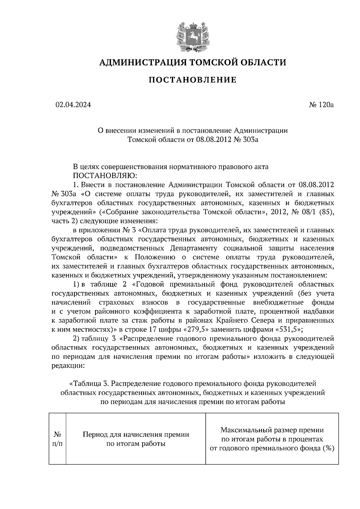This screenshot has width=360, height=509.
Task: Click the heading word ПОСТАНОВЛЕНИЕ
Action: click(193, 80)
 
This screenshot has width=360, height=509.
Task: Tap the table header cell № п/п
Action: click(58, 439)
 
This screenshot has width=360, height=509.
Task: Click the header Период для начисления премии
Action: click(136, 435)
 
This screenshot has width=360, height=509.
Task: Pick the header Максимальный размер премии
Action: click(272, 430)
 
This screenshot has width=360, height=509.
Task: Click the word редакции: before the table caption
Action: click(68, 366)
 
